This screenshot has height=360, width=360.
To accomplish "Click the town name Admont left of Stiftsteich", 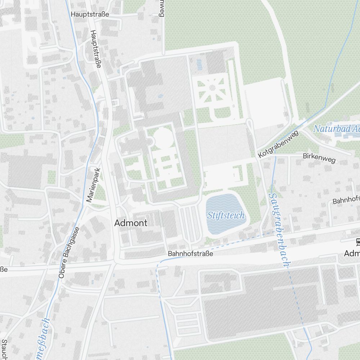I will point(131,223).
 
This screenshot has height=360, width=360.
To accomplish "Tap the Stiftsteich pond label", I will point(226,215).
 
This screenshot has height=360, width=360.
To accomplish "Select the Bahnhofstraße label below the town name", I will point(190,253).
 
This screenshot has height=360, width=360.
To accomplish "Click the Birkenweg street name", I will point(319,157).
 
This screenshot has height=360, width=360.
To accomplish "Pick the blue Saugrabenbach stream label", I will point(279,230).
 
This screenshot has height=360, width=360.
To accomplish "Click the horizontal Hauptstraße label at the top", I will point(90,14).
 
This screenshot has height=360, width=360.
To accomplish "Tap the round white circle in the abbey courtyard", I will point(162,138).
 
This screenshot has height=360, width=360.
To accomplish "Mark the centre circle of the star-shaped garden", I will point(212,87).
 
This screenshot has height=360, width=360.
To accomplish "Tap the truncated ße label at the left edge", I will point(4,269).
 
